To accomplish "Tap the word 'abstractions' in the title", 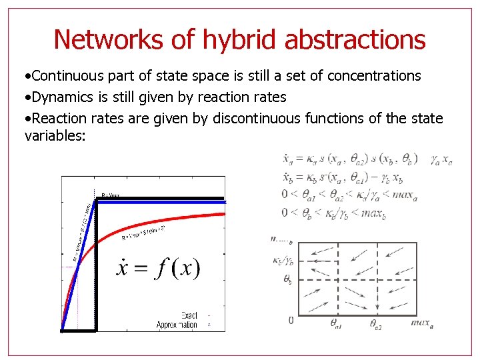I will pos(355,39).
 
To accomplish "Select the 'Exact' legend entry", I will pos(189,315).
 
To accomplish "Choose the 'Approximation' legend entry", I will pos(177,325).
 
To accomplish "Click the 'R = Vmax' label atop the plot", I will pos(111,195).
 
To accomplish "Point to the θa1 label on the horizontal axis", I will pos(337,323).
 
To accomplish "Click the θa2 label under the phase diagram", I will pos(377,323).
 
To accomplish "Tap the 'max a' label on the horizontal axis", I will pos(422,323).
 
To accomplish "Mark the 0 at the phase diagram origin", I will pos(290,321).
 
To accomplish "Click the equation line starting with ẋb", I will pos(343,177).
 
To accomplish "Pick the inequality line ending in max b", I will pos(334,213).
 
